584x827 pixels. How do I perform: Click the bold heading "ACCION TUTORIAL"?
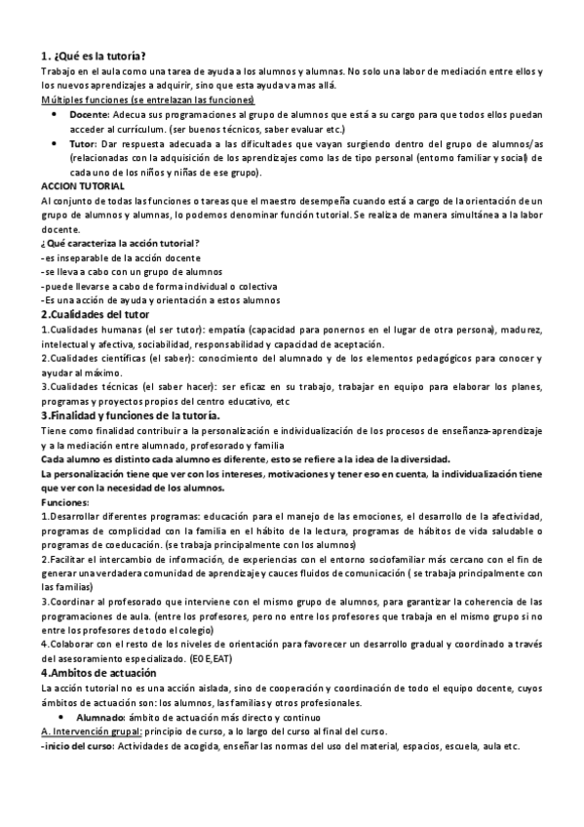[x=83, y=185]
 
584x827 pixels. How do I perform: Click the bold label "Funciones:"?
[x=64, y=501]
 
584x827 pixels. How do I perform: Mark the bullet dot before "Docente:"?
[x=55, y=115]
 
